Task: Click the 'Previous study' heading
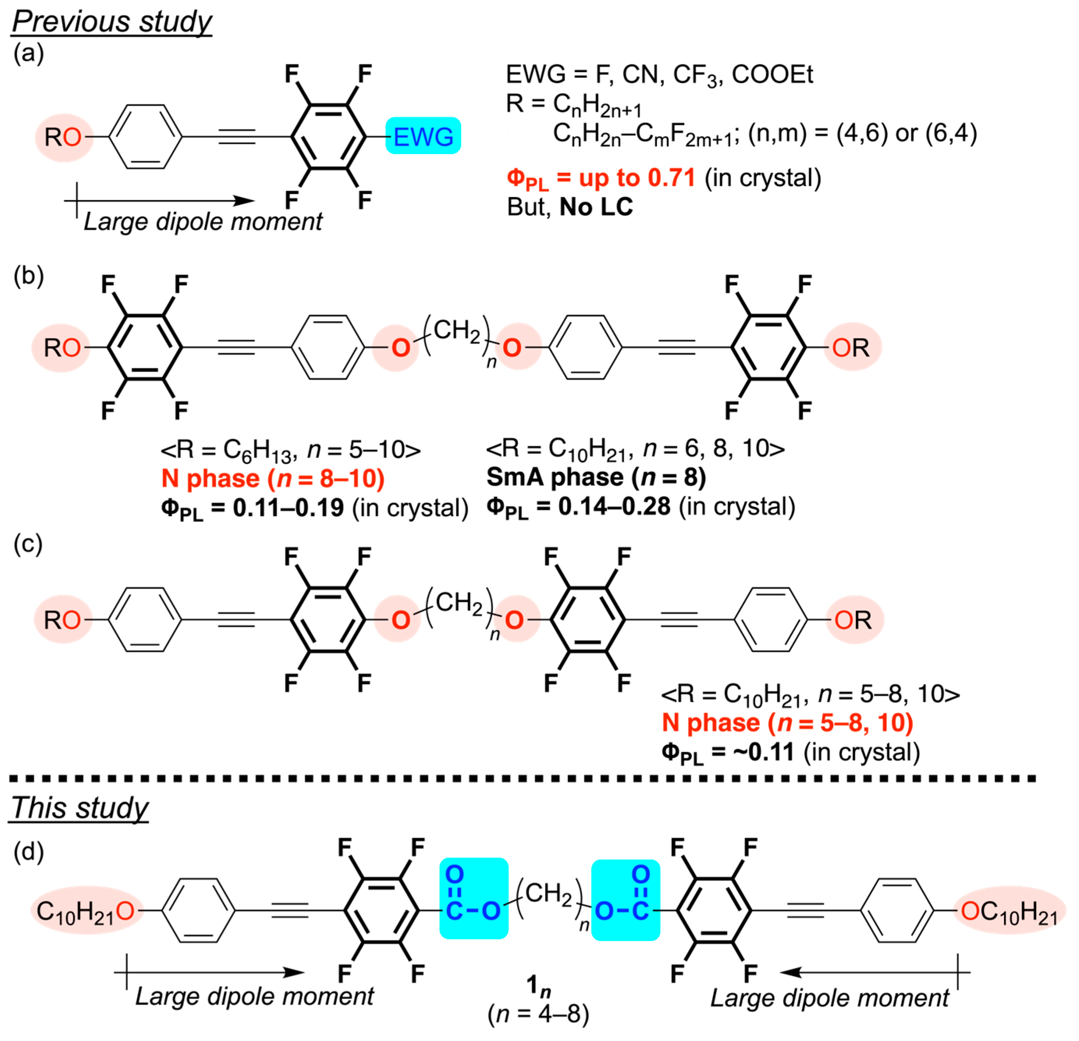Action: [x=112, y=22]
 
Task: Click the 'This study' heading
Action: [x=80, y=808]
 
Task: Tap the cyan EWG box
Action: [x=423, y=136]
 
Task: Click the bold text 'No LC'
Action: [x=596, y=207]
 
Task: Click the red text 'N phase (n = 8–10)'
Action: [x=273, y=478]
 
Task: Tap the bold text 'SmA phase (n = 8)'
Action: [x=596, y=477]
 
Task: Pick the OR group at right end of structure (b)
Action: [x=851, y=347]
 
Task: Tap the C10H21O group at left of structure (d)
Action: [x=85, y=911]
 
